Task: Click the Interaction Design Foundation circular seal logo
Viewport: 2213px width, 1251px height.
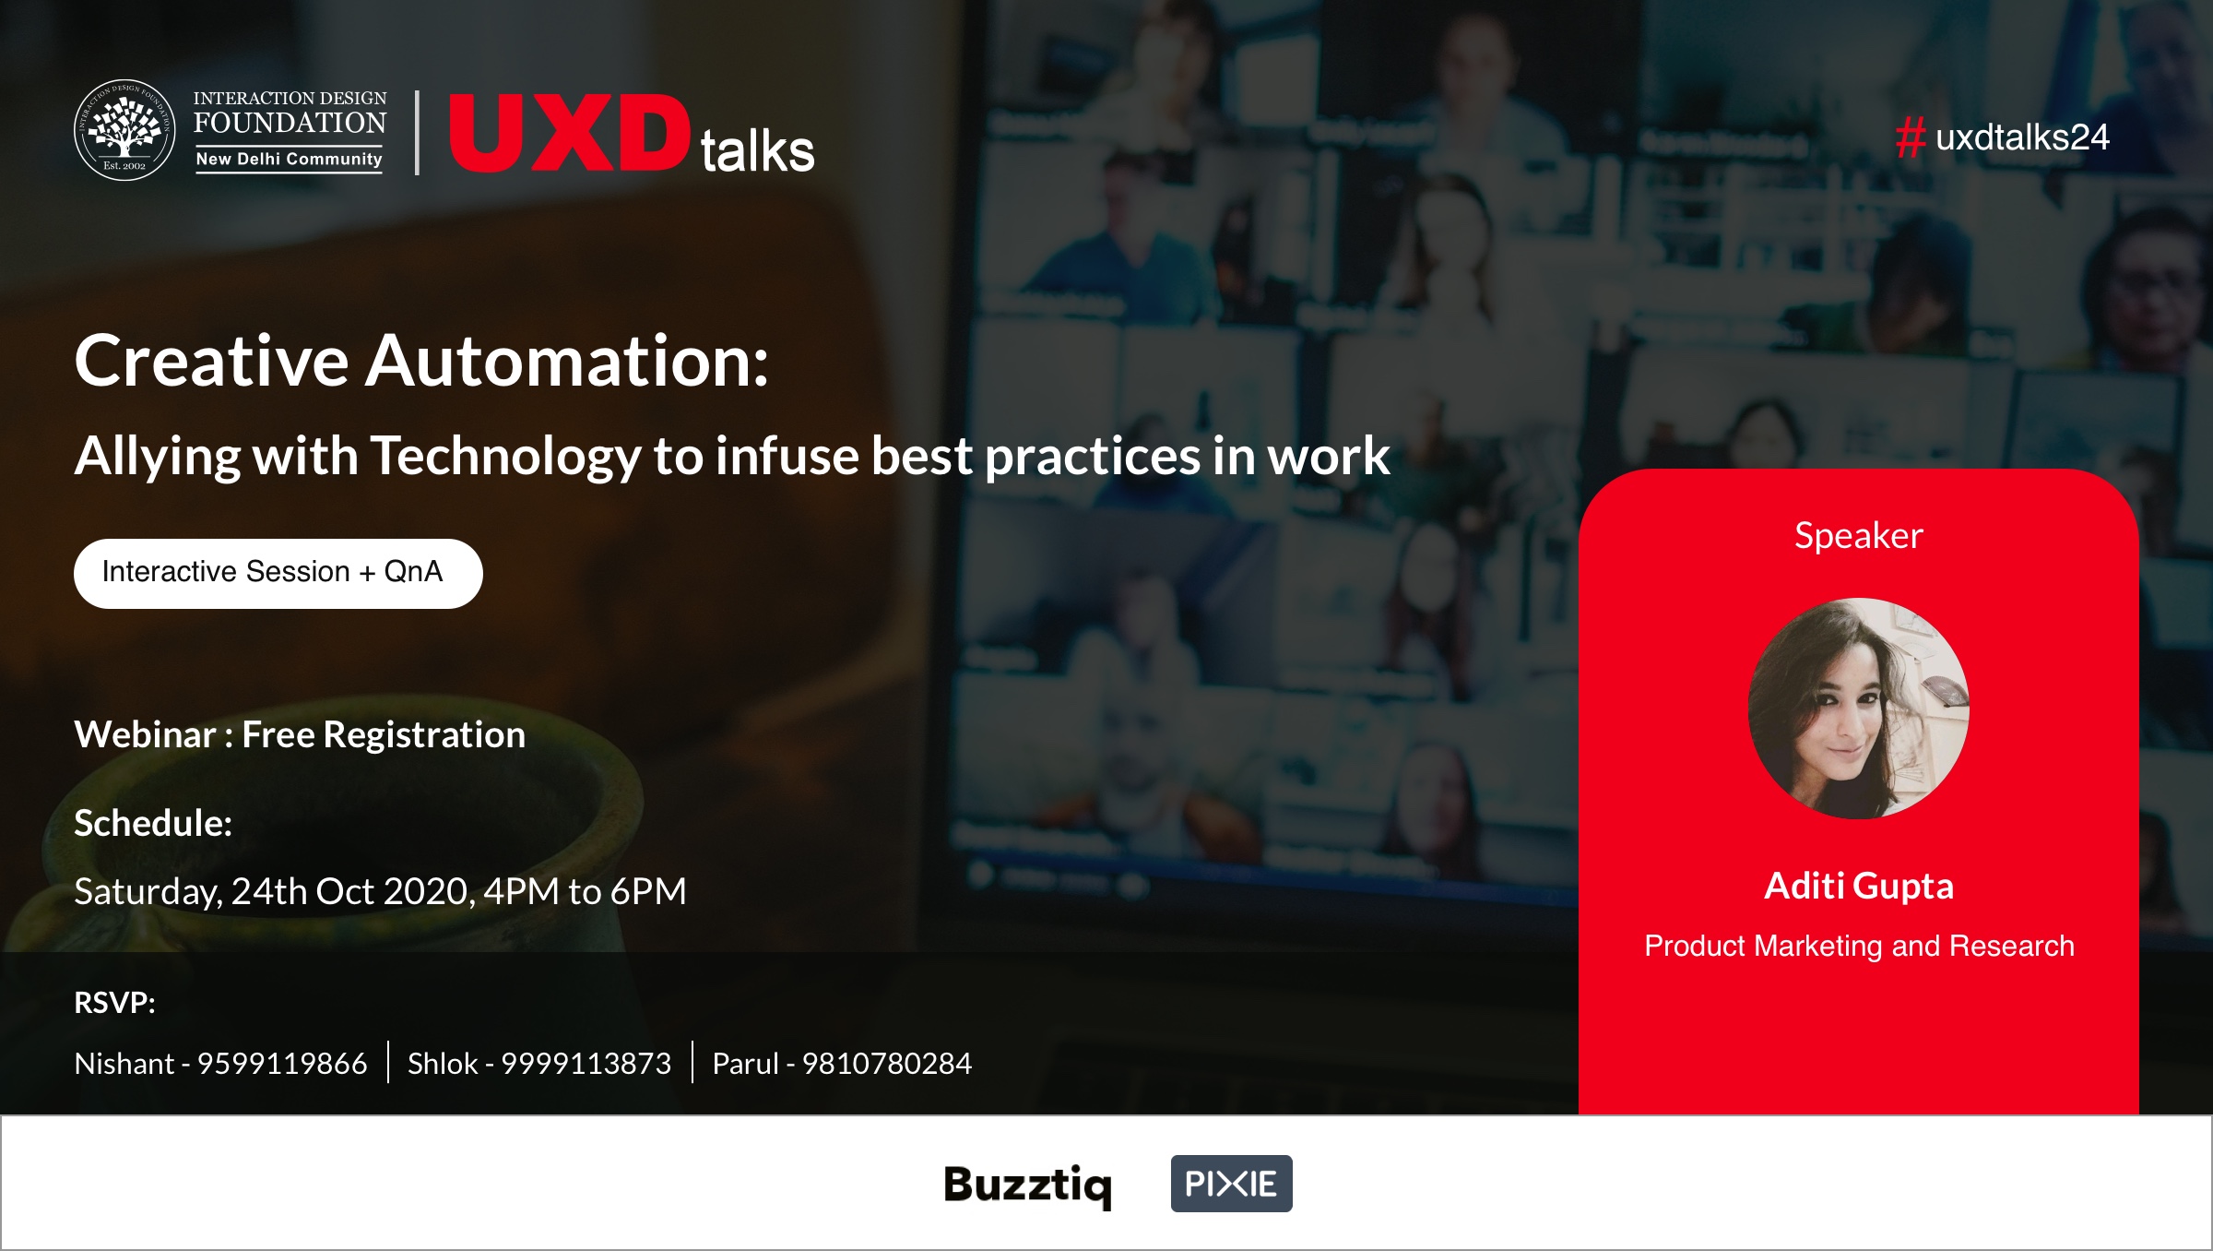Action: (124, 130)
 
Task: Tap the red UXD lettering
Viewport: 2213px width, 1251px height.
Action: (569, 134)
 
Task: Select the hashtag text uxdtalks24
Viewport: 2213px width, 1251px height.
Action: (2022, 137)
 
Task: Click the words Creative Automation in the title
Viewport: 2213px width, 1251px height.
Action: (420, 361)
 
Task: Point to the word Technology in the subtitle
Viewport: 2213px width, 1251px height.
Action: (506, 456)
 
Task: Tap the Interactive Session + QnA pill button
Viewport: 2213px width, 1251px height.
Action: (278, 573)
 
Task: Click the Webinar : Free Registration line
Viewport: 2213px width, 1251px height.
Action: (300, 735)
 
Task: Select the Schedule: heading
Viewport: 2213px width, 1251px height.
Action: (153, 823)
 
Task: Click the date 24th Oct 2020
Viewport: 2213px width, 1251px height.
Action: (352, 892)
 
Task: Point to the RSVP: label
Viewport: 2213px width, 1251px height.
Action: (114, 1003)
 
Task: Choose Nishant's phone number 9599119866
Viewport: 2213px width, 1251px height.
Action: (282, 1064)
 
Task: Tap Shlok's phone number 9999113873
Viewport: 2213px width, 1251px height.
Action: (586, 1064)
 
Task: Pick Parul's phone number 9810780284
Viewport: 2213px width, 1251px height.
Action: (886, 1064)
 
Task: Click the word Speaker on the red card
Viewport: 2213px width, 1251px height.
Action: (1858, 536)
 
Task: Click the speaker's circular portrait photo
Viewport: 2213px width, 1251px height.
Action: (1858, 709)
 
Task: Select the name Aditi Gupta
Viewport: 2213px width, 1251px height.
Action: (1858, 887)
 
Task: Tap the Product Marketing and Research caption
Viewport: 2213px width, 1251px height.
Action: (1859, 947)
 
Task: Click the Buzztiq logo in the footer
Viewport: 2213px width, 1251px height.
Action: (1027, 1185)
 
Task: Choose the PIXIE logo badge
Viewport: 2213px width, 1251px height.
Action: (1231, 1184)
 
